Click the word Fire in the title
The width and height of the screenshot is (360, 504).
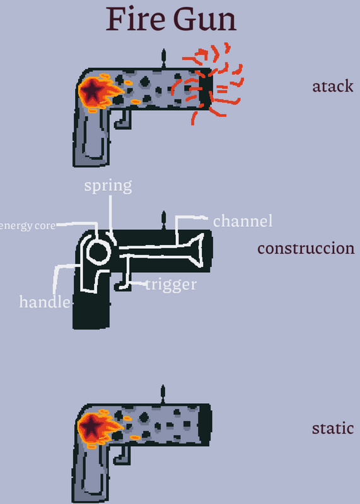[x=136, y=19]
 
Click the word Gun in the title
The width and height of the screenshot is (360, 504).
[x=205, y=20]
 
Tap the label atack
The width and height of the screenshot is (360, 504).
[x=333, y=86]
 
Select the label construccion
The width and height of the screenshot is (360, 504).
[x=306, y=248]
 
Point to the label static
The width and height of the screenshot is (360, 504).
[x=333, y=428]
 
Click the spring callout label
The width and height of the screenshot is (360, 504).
[x=108, y=186]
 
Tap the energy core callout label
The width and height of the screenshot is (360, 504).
[x=27, y=226]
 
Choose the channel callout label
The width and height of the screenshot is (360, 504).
[x=243, y=221]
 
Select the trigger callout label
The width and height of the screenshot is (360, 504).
[x=171, y=285]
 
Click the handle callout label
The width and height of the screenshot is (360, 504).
[x=45, y=302]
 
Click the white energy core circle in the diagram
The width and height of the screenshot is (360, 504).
[x=98, y=252]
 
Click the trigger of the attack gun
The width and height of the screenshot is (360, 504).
[x=123, y=120]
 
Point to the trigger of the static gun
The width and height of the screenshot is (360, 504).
[x=122, y=455]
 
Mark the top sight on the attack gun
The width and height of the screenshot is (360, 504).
[x=163, y=59]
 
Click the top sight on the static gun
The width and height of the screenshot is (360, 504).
[x=163, y=394]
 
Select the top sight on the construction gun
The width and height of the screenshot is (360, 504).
[x=163, y=220]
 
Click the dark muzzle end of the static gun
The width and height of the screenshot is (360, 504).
[x=205, y=424]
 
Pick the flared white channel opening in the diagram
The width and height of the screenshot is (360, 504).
[x=197, y=251]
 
